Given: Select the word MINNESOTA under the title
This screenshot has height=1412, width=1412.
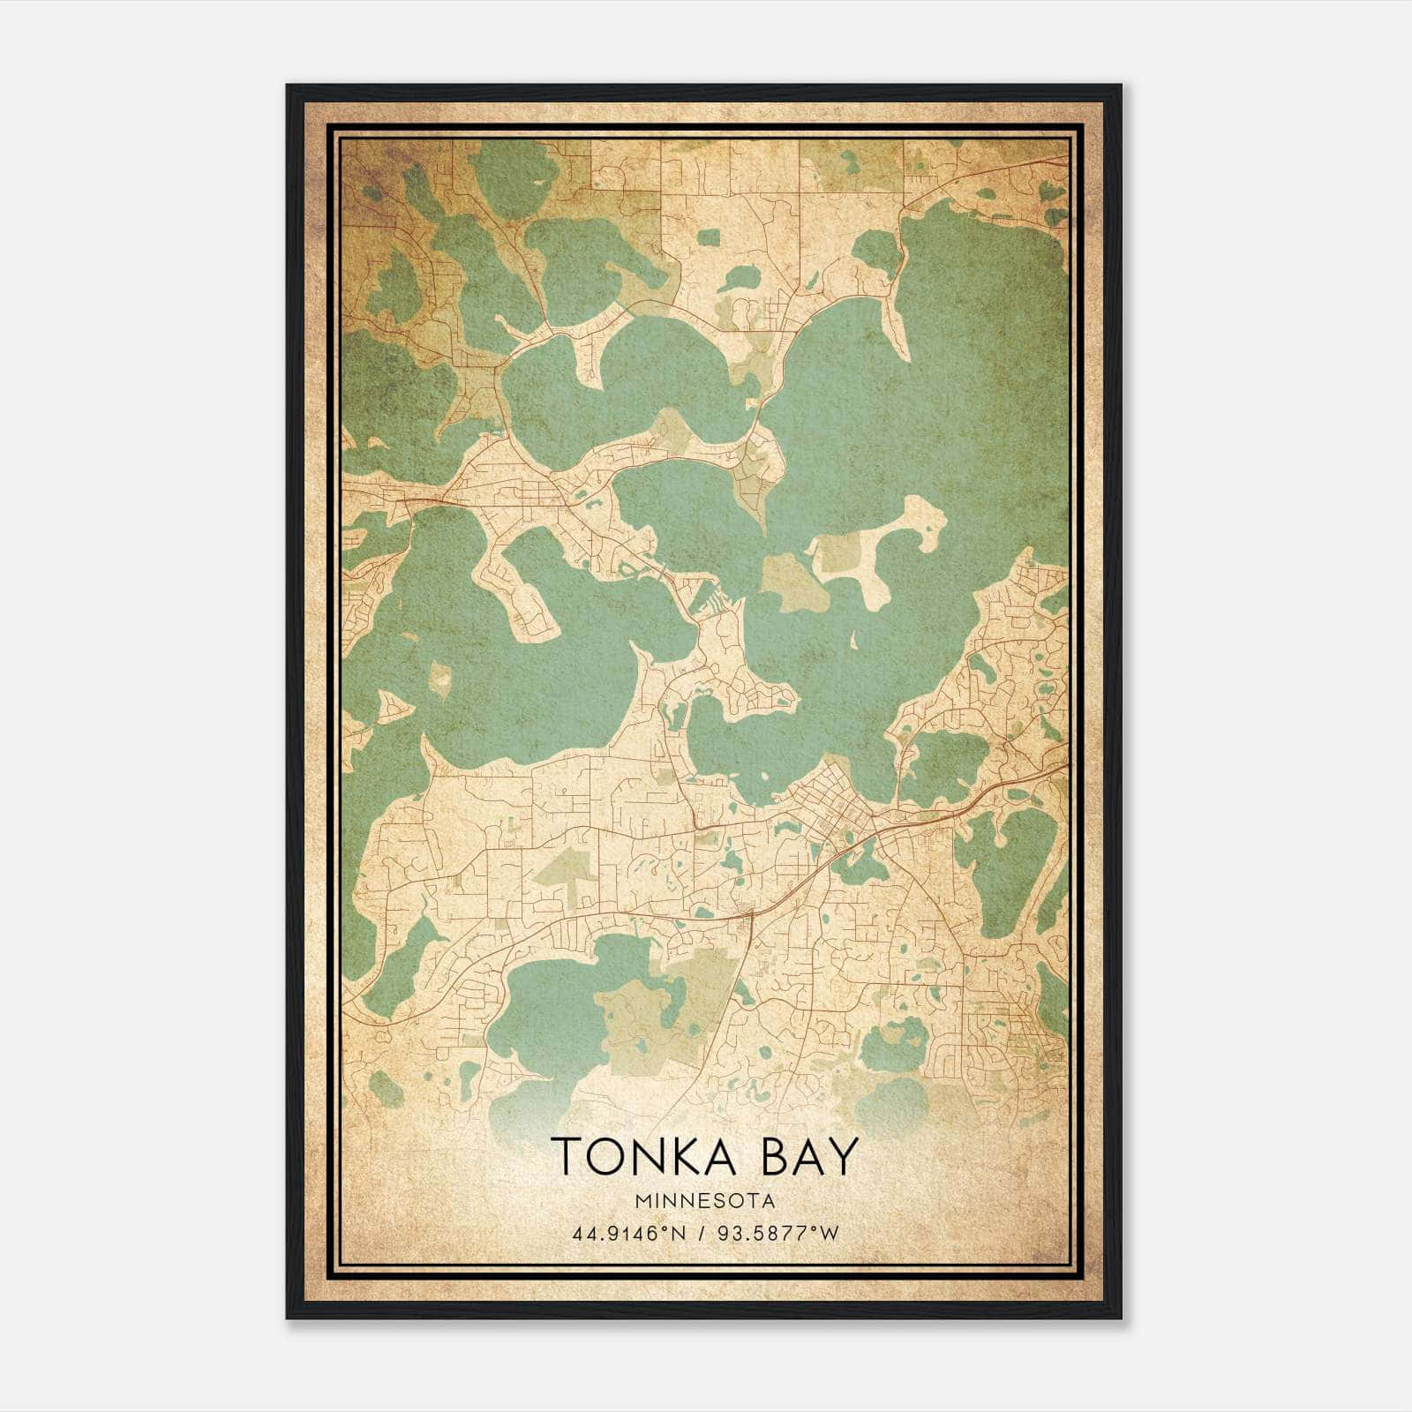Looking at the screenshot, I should pos(704,1201).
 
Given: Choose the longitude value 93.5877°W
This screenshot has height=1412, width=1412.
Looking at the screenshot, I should pos(777,1233).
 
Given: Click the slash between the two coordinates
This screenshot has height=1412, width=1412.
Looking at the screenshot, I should pos(698,1233).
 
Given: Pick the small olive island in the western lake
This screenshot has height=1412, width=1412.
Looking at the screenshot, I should pos(439,678).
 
